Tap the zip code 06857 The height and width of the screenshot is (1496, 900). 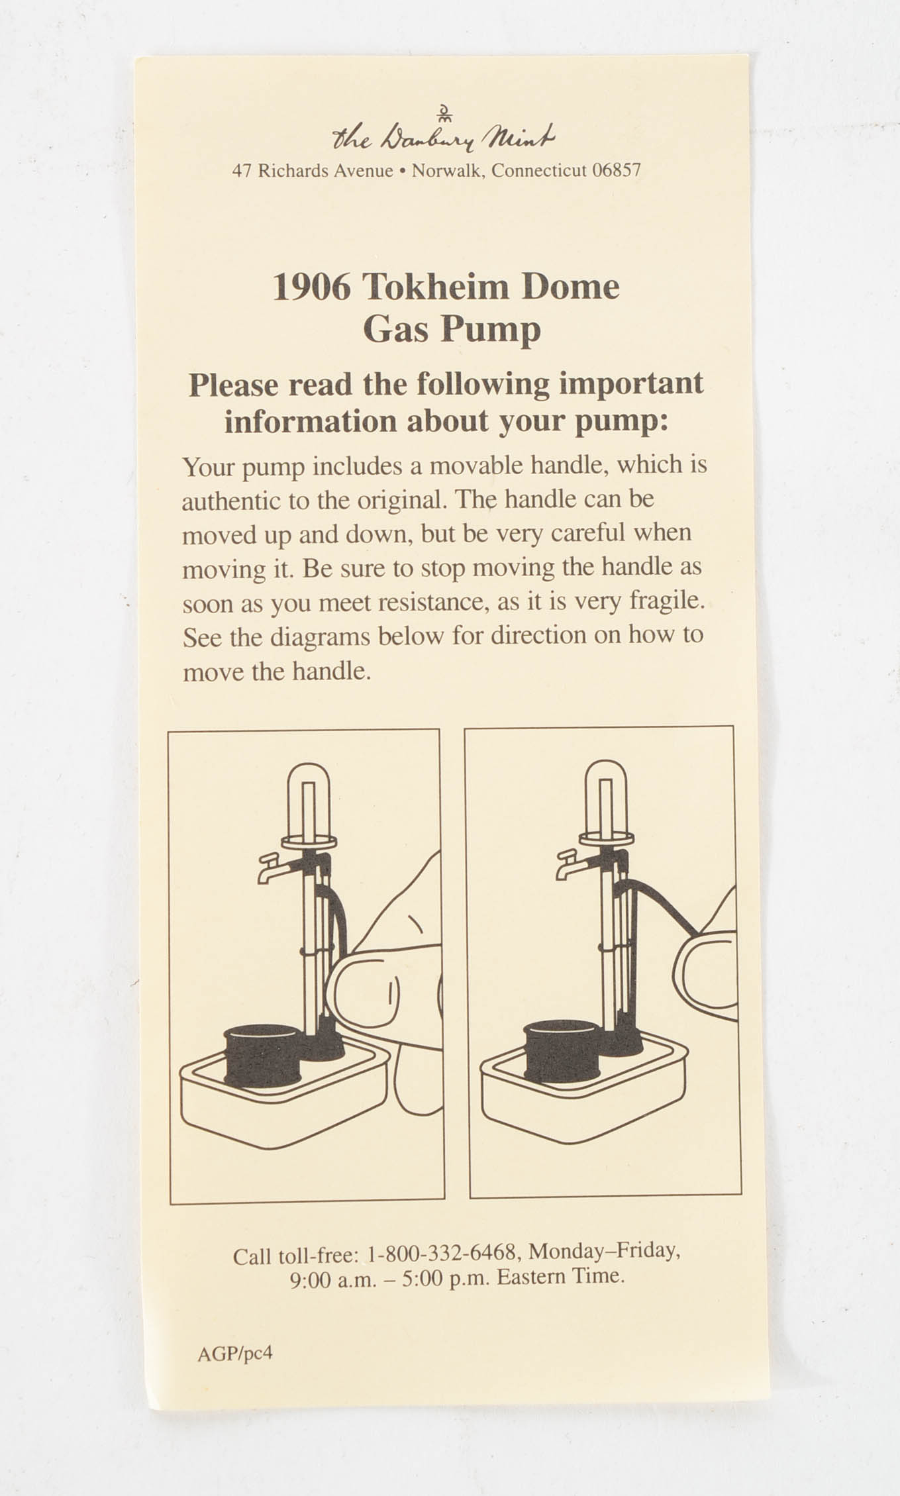(616, 171)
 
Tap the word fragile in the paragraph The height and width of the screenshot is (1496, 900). (664, 601)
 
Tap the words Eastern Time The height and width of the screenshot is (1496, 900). (560, 1276)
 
